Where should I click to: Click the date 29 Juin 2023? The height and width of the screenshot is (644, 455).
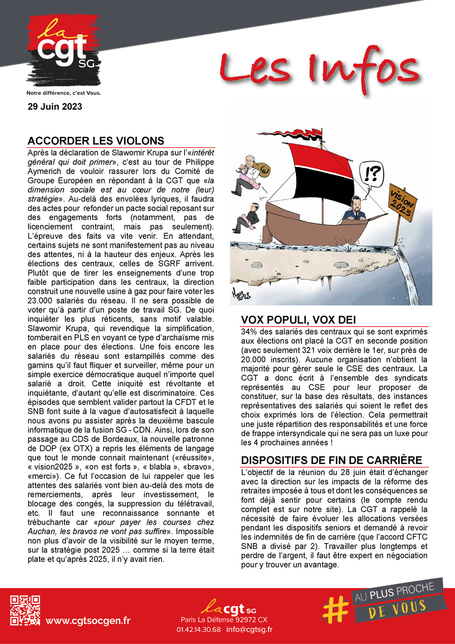[55, 107]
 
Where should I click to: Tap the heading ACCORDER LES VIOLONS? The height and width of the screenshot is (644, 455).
[96, 141]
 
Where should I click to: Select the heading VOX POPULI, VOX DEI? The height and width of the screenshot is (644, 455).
[298, 320]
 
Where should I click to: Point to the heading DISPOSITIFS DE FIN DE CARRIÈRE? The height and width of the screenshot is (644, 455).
[331, 460]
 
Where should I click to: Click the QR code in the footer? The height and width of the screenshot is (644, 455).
[25, 610]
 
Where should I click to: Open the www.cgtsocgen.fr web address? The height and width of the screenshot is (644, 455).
[88, 621]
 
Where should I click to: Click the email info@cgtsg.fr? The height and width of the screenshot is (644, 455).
[249, 629]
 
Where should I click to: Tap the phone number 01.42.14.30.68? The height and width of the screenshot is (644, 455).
[198, 629]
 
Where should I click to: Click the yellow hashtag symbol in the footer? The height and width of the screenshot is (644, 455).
[335, 608]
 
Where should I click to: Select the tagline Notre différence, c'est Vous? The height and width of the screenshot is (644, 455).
[63, 93]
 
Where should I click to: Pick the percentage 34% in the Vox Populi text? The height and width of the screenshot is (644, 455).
[249, 332]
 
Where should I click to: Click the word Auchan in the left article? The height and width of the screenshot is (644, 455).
[42, 532]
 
